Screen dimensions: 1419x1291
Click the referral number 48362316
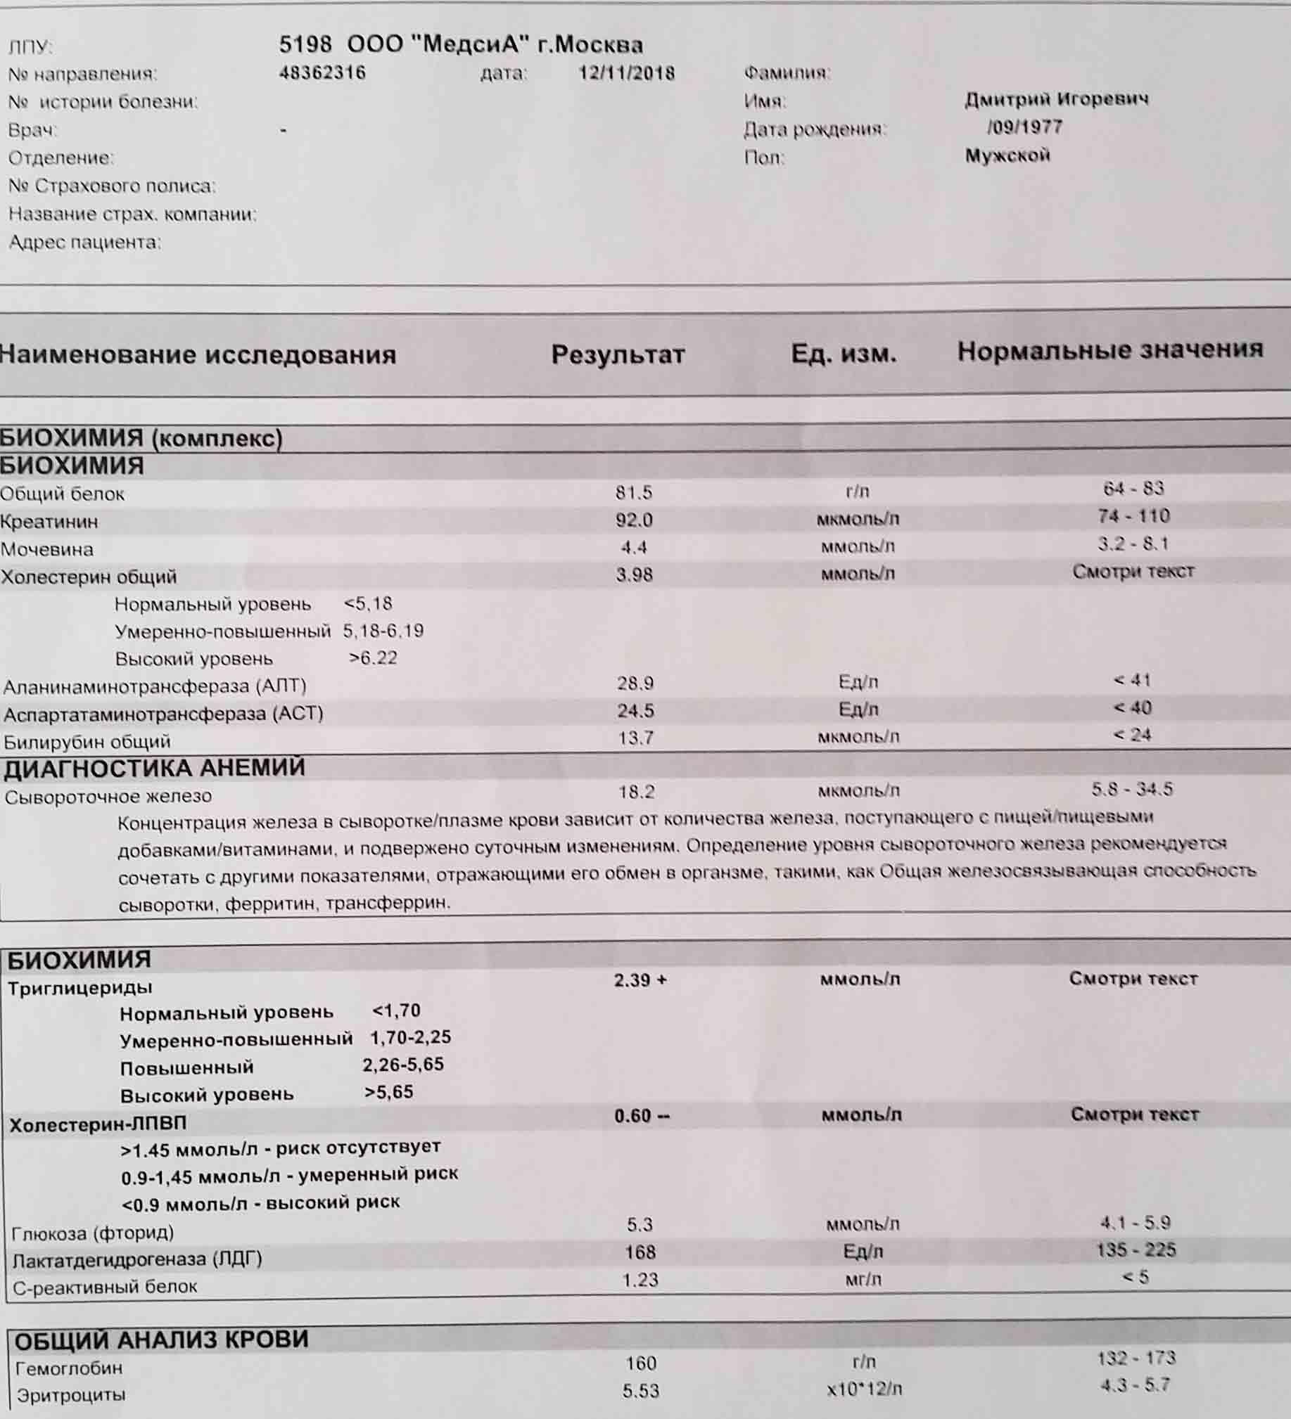pyautogui.click(x=322, y=73)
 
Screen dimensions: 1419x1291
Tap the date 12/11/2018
pyautogui.click(x=626, y=73)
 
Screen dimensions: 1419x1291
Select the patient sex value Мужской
pyautogui.click(x=1007, y=155)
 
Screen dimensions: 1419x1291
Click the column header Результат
pyautogui.click(x=618, y=354)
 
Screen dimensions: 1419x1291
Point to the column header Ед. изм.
pyautogui.click(x=843, y=352)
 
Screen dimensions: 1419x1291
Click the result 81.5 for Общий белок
pyautogui.click(x=634, y=492)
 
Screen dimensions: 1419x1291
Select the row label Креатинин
pyautogui.click(x=49, y=522)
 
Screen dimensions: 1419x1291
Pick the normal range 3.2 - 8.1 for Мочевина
pyautogui.click(x=1133, y=544)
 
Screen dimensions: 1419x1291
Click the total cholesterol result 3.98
pyautogui.click(x=634, y=574)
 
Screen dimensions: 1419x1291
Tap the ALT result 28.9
pyautogui.click(x=635, y=683)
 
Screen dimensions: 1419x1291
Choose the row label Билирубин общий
pyautogui.click(x=87, y=741)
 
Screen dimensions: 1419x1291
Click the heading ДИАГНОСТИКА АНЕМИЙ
pyautogui.click(x=154, y=768)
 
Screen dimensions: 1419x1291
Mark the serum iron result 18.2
pyautogui.click(x=636, y=792)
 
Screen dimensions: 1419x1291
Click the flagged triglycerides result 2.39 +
pyautogui.click(x=640, y=980)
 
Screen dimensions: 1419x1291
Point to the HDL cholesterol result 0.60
pyautogui.click(x=641, y=1116)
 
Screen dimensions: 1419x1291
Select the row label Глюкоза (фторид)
pyautogui.click(x=92, y=1233)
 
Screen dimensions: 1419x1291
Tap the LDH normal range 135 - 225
pyautogui.click(x=1136, y=1250)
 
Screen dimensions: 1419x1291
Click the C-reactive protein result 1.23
pyautogui.click(x=640, y=1279)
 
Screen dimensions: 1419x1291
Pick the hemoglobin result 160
pyautogui.click(x=640, y=1363)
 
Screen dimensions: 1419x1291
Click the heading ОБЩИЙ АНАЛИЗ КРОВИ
pyautogui.click(x=161, y=1339)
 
